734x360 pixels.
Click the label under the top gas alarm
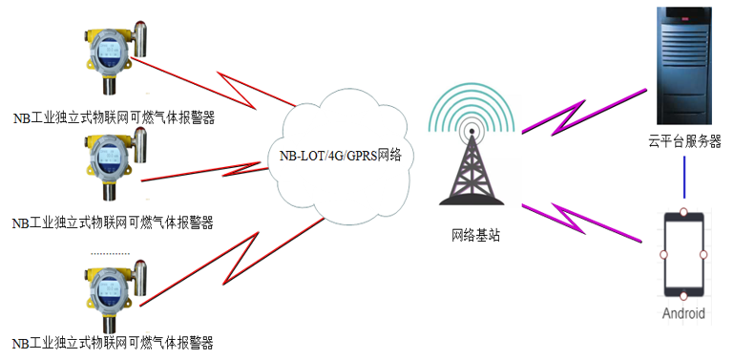[113, 118]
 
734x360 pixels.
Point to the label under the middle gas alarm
[112, 223]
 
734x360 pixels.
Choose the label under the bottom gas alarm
[112, 343]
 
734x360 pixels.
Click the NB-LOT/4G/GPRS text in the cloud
[340, 155]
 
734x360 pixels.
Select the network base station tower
[469, 167]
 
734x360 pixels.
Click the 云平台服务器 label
[682, 141]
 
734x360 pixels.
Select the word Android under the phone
[683, 313]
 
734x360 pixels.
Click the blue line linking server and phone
[683, 177]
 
